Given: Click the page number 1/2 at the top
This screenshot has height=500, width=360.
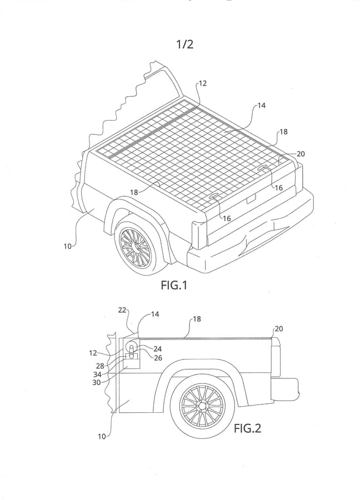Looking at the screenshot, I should tap(185, 44).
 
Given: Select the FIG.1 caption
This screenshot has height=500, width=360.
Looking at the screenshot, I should tap(174, 286).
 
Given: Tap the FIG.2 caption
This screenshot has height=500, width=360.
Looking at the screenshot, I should tap(247, 428).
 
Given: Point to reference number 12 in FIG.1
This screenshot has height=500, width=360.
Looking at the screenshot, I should tap(202, 83).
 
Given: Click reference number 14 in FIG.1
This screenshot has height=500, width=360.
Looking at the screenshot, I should tap(261, 106).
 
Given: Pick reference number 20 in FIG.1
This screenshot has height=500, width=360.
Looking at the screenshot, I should tap(301, 154).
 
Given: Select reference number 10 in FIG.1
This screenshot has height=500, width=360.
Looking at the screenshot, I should tap(67, 246).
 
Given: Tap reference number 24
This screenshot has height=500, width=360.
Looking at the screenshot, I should tap(157, 349).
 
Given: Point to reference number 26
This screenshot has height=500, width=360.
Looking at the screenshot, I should tap(157, 358).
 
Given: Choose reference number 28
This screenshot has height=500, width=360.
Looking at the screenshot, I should tap(100, 366).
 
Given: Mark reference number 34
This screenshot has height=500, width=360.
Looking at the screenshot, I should tap(97, 374).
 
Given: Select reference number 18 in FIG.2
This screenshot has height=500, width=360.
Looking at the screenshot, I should tap(197, 319).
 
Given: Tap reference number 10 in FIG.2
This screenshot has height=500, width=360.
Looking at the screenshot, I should tap(102, 437).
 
